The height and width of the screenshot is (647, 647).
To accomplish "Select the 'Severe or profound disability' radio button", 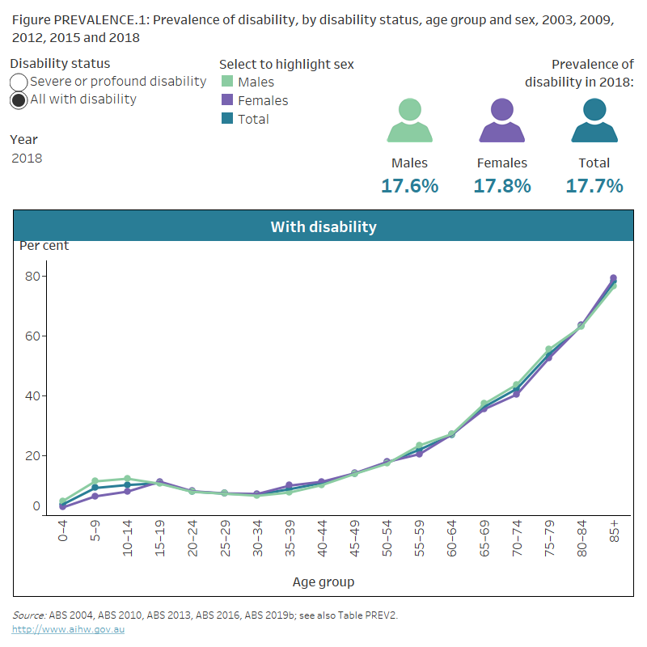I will pyautogui.click(x=19, y=82).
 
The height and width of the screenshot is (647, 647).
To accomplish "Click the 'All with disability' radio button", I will pyautogui.click(x=19, y=100).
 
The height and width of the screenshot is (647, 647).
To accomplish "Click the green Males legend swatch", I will pyautogui.click(x=227, y=82).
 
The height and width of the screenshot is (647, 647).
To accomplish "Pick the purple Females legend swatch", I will pyautogui.click(x=227, y=100).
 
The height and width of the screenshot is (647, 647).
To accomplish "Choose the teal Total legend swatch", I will pyautogui.click(x=227, y=119).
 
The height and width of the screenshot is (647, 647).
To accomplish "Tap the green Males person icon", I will pyautogui.click(x=409, y=121).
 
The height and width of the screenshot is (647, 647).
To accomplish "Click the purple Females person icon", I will pyautogui.click(x=502, y=121).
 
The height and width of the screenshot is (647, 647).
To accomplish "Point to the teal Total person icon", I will pyautogui.click(x=594, y=121).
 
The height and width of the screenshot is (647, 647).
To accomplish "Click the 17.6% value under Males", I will pyautogui.click(x=409, y=186).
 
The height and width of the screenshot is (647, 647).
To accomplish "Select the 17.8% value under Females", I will pyautogui.click(x=502, y=186).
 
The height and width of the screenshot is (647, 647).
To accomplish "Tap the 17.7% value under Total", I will pyautogui.click(x=594, y=186).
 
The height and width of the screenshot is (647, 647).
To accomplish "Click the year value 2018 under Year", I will pyautogui.click(x=27, y=159).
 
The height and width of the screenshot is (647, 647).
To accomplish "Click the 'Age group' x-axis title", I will pyautogui.click(x=323, y=581).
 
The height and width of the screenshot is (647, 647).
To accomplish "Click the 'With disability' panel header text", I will pyautogui.click(x=323, y=226).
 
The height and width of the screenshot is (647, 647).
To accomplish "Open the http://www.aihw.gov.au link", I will pyautogui.click(x=68, y=629).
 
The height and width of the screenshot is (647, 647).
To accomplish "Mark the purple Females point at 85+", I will pyautogui.click(x=613, y=278).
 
